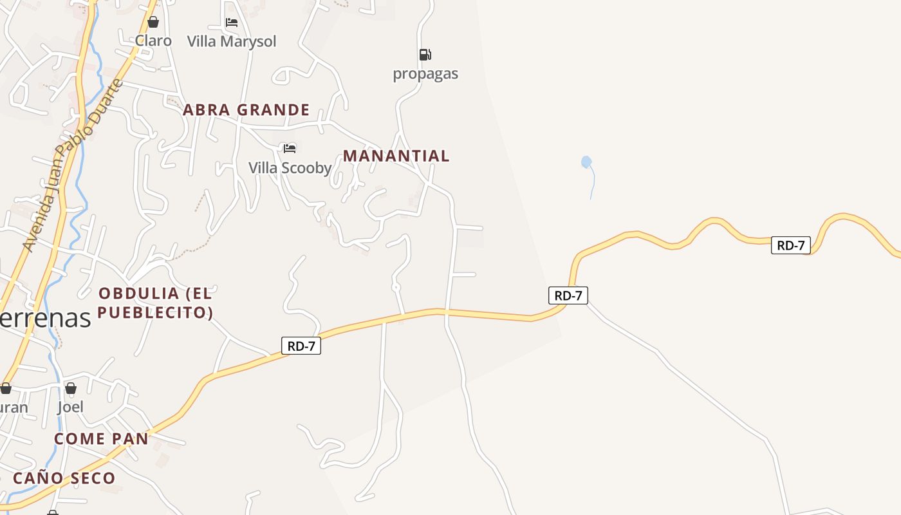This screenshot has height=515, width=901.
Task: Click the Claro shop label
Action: point(153,41)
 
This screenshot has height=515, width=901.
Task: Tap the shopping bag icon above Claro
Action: point(153,23)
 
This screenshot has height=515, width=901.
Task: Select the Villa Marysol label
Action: point(232,41)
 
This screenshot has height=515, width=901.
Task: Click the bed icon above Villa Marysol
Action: point(232,23)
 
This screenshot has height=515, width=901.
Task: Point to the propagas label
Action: point(425,73)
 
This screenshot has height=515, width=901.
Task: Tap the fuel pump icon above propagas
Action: point(425,55)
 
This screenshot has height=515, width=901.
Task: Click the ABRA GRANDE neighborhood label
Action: point(246,109)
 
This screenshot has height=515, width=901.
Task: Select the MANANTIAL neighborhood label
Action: point(396,156)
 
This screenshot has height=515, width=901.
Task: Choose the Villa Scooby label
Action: point(290,168)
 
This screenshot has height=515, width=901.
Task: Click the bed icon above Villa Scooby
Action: point(290,149)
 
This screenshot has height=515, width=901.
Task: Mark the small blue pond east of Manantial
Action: point(586,162)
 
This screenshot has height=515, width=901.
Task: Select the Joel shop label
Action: point(71,407)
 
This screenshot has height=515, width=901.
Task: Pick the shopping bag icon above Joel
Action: point(71,388)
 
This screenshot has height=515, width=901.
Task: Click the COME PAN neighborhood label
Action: point(101,439)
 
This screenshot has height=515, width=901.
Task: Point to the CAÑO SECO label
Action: point(64,478)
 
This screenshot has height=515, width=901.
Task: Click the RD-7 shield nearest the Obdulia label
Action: point(301,346)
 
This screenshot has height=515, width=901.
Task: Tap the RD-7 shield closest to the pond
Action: point(568,295)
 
